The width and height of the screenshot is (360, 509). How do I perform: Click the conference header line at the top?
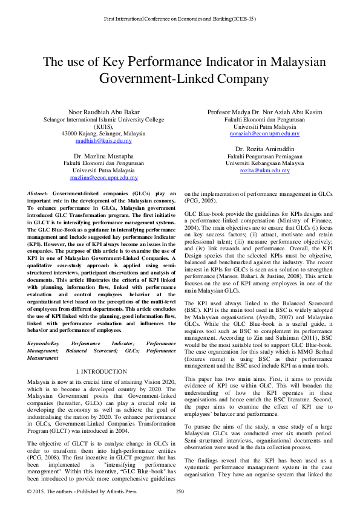(x=180, y=19)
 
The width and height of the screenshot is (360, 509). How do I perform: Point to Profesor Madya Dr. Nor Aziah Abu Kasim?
(x=264, y=112)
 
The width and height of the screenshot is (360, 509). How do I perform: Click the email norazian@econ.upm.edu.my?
(x=264, y=134)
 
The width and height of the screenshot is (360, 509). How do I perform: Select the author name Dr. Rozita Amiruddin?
(x=264, y=149)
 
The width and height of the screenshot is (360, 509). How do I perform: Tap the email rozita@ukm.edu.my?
(x=264, y=170)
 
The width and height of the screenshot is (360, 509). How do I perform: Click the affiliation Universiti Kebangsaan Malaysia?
(x=264, y=163)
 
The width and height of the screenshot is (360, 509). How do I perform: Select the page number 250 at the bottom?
(x=180, y=491)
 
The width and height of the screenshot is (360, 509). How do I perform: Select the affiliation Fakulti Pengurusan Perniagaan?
(x=264, y=156)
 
